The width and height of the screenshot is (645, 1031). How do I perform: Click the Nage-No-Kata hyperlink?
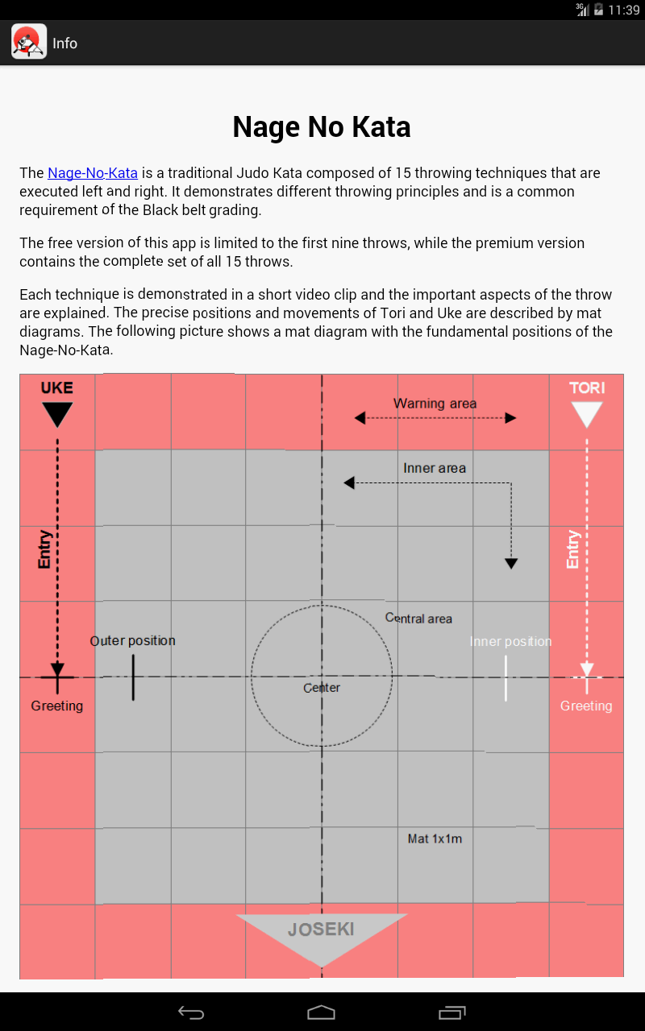coord(93,173)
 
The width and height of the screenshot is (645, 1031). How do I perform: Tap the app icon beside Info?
coord(29,41)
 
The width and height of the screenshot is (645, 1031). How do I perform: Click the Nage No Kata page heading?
coord(322,127)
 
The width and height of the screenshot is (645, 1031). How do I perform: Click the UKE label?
coord(57,388)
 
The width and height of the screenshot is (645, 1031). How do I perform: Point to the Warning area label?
coord(435,404)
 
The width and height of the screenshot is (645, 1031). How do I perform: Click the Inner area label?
coord(435,468)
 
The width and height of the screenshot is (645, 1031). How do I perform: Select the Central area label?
coord(418,619)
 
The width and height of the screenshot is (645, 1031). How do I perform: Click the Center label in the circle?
coord(322,688)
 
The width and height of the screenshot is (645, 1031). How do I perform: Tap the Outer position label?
coord(133,640)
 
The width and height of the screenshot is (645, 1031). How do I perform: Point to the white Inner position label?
coord(510,641)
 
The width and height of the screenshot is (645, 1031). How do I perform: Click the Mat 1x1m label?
coord(435,838)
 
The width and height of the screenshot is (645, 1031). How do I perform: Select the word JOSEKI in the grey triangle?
coord(321,930)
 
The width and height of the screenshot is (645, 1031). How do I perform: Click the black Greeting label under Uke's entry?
coord(57,706)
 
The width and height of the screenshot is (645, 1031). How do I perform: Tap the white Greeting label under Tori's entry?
coord(586,706)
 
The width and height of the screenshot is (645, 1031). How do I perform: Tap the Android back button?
coord(191,1012)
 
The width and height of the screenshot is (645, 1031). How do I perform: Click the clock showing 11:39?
coord(624,10)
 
